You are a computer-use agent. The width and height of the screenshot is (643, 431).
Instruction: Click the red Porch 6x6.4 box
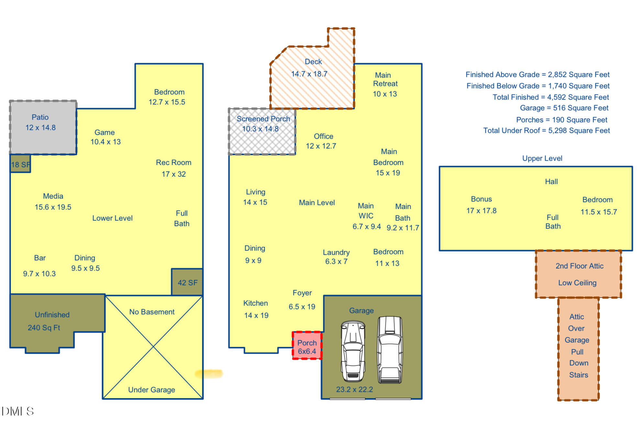(307, 346)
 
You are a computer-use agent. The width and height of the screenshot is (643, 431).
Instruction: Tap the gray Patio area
(43, 127)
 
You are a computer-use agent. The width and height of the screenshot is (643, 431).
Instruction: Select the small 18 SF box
(20, 164)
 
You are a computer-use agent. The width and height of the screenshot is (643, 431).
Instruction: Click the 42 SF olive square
(187, 282)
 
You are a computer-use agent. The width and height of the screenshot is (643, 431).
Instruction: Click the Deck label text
(313, 61)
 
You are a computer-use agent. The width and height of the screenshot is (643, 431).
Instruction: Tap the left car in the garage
(353, 351)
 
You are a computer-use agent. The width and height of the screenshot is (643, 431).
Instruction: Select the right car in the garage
(390, 349)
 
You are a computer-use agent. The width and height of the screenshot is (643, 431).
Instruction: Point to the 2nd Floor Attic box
(578, 274)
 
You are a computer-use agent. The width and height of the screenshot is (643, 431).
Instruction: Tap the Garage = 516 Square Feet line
(564, 108)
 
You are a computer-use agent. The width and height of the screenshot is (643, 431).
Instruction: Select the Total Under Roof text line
(546, 131)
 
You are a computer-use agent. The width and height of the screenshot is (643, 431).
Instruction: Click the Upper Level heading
(542, 158)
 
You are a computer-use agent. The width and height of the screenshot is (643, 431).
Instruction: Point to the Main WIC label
(366, 211)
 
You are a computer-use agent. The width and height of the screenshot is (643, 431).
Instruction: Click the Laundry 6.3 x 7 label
(336, 257)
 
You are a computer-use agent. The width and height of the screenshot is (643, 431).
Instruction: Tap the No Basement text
(152, 312)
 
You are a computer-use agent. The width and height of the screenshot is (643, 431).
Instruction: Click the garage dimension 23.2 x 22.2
(354, 389)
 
